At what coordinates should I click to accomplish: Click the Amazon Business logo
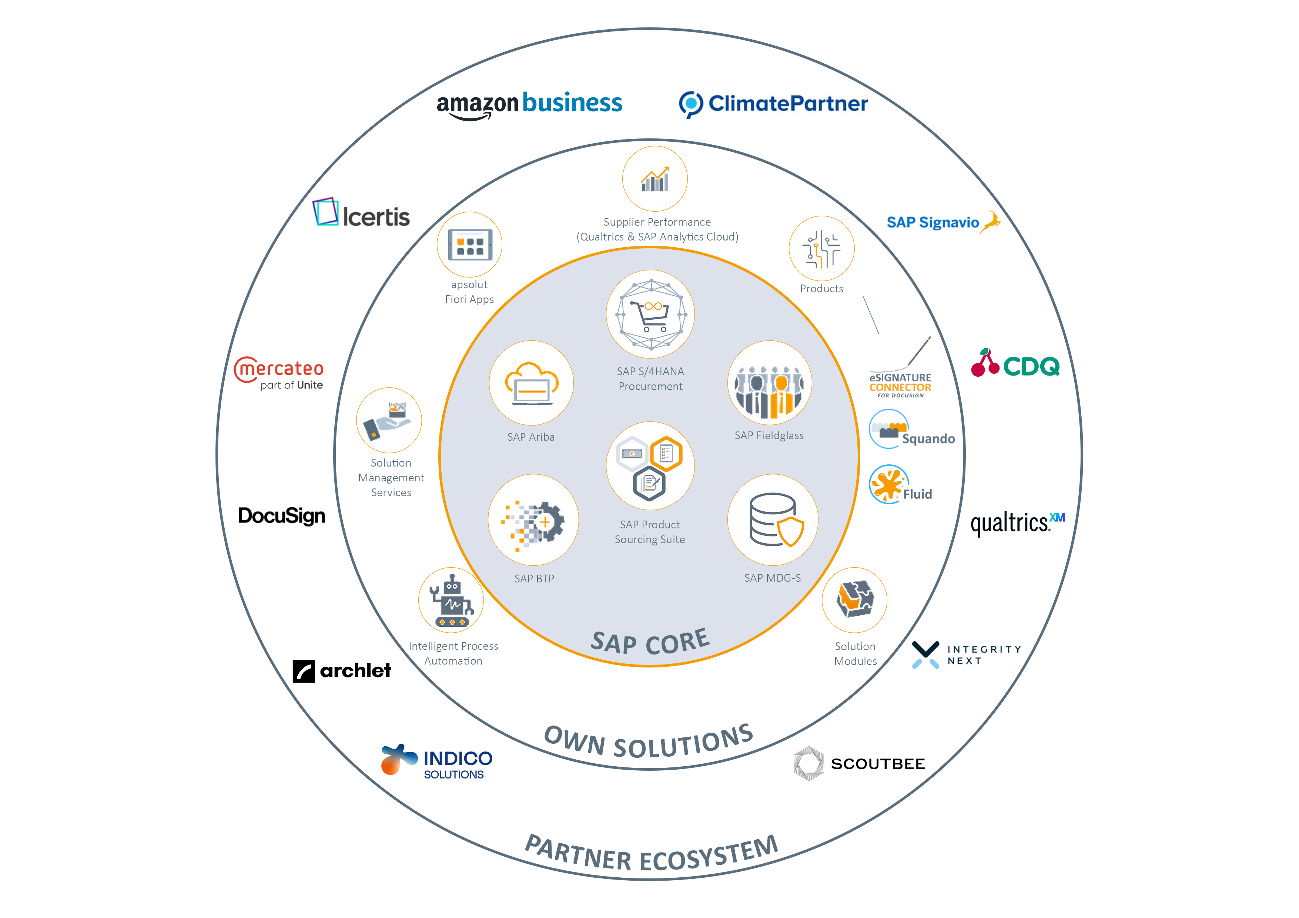(x=529, y=105)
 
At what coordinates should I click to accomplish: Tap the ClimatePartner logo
(x=773, y=104)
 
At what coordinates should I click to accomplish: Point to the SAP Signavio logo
(x=943, y=222)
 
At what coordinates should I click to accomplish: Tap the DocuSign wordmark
(x=281, y=516)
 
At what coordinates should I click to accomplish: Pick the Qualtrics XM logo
(x=1017, y=523)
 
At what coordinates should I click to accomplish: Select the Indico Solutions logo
(x=437, y=761)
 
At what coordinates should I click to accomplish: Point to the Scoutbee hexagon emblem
(x=808, y=764)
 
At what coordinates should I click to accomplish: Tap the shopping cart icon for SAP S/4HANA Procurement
(x=651, y=315)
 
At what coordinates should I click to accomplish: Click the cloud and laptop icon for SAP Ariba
(x=531, y=383)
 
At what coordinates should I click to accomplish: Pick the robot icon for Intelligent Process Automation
(x=451, y=601)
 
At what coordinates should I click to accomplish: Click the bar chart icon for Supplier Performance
(x=654, y=179)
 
